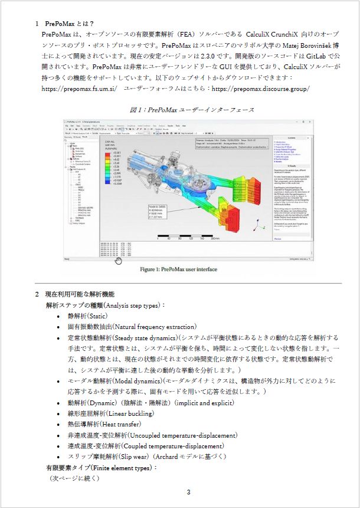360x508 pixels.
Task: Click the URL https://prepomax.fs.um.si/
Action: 79,89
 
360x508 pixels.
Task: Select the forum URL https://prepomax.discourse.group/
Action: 260,89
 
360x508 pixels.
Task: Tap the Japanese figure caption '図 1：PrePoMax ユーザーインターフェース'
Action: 192,110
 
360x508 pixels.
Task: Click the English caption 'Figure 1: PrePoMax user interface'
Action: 178,269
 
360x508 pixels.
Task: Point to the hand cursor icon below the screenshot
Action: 118,260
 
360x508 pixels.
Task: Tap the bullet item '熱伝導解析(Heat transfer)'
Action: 104,424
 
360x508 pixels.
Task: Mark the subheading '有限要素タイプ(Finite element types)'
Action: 102,468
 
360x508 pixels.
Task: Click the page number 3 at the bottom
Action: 188,492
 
